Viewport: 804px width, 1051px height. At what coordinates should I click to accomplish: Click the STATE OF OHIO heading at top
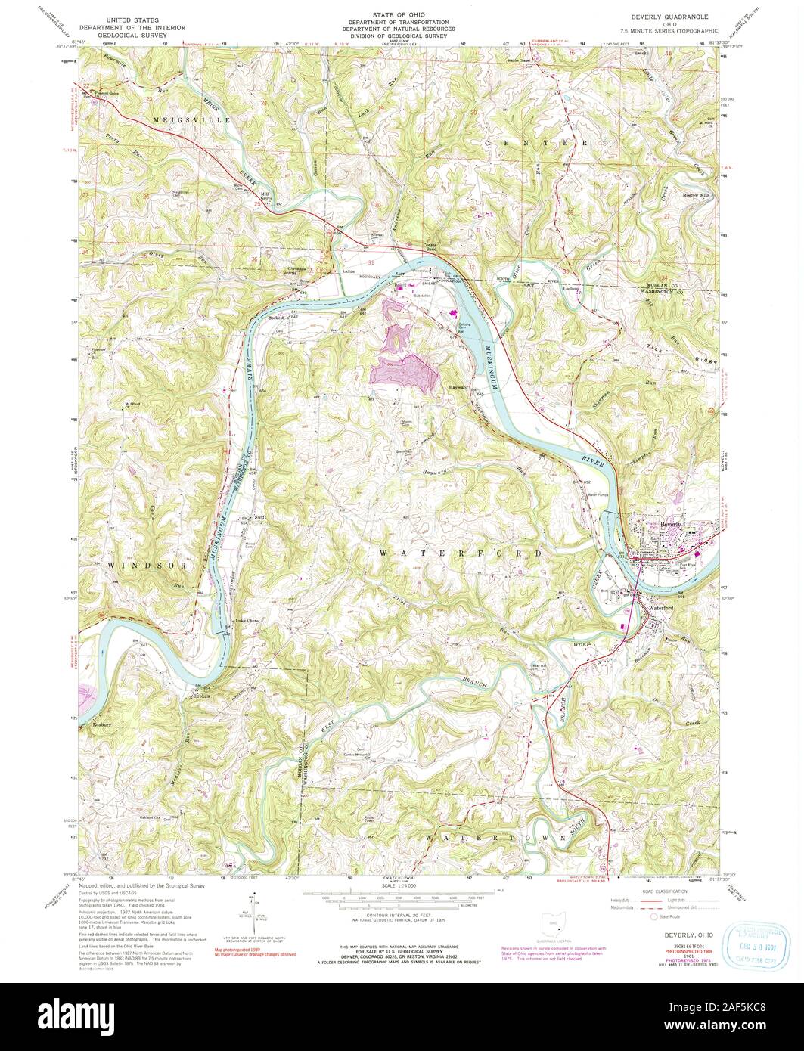click(x=402, y=15)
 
